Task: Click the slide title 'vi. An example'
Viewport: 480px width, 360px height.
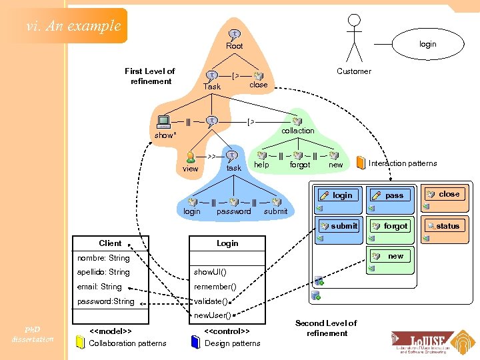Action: pos(73,26)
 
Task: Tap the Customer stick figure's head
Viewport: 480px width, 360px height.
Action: pos(354,20)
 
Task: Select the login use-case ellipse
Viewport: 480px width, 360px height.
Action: pos(427,44)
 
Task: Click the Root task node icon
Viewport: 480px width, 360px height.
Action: pos(235,34)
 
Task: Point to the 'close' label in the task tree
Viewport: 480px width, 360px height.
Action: pos(258,85)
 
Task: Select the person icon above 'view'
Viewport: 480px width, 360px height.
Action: pos(191,157)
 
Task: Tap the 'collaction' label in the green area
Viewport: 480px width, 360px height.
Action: pos(297,131)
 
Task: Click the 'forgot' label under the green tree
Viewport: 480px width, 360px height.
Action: pos(300,165)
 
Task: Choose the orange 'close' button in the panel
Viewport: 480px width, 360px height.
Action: pos(445,194)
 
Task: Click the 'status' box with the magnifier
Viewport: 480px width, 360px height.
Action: pos(445,226)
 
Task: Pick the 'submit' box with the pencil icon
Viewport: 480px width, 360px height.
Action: pos(339,226)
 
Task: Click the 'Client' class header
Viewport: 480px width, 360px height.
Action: pos(111,243)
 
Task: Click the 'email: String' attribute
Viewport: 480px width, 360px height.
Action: pos(99,287)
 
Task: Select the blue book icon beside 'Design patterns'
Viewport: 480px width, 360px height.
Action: pos(195,343)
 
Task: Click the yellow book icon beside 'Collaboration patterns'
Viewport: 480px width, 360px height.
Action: pos(80,343)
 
